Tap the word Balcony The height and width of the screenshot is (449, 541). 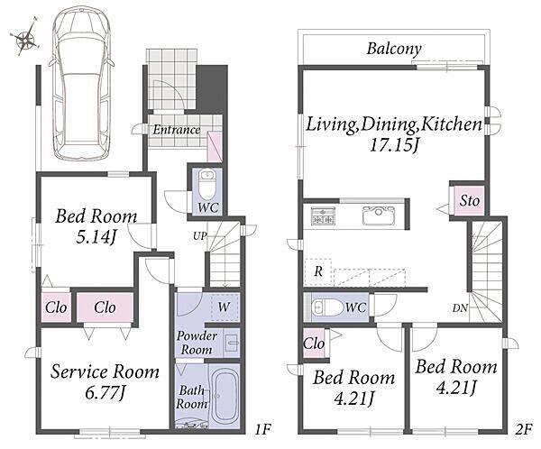point(394,49)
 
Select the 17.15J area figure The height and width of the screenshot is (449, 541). point(394,145)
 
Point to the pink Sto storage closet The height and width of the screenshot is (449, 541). point(469,201)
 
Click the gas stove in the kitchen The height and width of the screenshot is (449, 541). point(323,216)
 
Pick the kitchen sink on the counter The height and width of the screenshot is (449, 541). point(379,216)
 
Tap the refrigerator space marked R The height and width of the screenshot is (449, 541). point(318,271)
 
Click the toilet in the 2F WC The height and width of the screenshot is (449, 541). point(326,307)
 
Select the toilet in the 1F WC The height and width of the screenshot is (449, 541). point(207,185)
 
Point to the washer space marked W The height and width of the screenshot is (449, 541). point(225,307)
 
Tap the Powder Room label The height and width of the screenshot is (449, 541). point(197,343)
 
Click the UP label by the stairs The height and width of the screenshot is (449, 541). point(200,236)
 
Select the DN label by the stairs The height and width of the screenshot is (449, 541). point(460,308)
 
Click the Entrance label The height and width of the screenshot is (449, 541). point(177,130)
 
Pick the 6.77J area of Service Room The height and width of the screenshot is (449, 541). point(105,393)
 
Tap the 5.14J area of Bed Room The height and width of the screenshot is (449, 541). point(96,237)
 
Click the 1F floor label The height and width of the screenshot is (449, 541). point(263,430)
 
